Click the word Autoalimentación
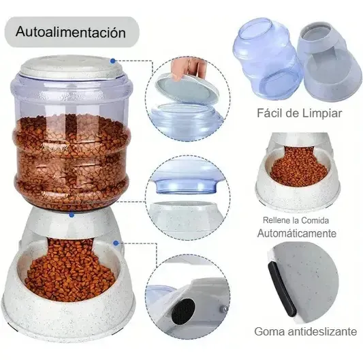coord(71,32)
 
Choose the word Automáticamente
coord(296,233)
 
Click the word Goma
coord(269,332)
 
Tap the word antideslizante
coord(322,331)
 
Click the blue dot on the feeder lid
coord(113,61)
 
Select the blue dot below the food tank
coord(72,215)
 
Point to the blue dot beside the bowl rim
coord(116,243)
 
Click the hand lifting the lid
coord(188,68)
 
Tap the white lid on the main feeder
coord(71,66)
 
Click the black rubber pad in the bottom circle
coord(183,312)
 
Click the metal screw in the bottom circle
coord(223,309)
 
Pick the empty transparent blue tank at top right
coord(268,59)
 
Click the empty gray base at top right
coord(330,60)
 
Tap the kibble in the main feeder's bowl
coord(70,271)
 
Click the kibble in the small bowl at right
coord(298,166)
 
